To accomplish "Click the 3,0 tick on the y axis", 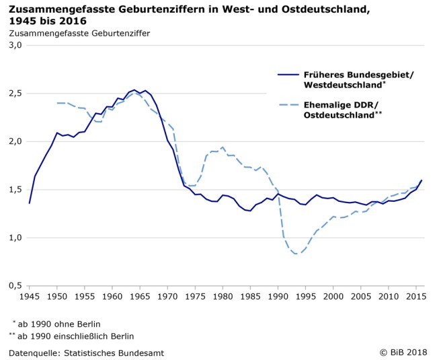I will (x=15, y=45).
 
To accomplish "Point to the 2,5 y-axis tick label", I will (x=15, y=93).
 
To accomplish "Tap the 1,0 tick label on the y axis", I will (x=15, y=238).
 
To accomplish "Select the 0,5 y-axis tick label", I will (x=15, y=285).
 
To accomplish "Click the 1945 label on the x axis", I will (x=29, y=296).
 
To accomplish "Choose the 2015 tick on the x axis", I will (x=416, y=296).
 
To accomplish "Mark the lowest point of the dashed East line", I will (x=296, y=254).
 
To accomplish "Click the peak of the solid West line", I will (x=134, y=89).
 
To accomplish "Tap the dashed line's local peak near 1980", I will (x=223, y=147).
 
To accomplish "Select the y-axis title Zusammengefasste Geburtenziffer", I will (x=79, y=32).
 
